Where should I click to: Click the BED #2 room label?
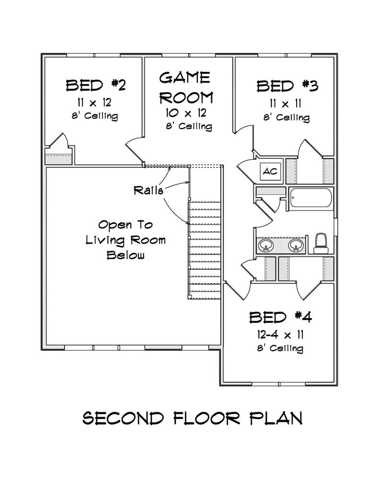click(x=95, y=86)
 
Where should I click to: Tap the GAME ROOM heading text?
click(x=185, y=87)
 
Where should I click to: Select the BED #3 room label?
click(x=287, y=86)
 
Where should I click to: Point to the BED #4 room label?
click(x=280, y=317)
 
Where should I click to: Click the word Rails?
click(x=149, y=190)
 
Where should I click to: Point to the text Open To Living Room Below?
click(x=126, y=239)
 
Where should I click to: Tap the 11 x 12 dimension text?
click(x=95, y=102)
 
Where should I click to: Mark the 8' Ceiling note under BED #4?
click(x=280, y=348)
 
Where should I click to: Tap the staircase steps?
click(x=205, y=249)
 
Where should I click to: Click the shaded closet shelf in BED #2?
click(x=58, y=159)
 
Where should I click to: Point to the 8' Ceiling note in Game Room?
click(x=189, y=127)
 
